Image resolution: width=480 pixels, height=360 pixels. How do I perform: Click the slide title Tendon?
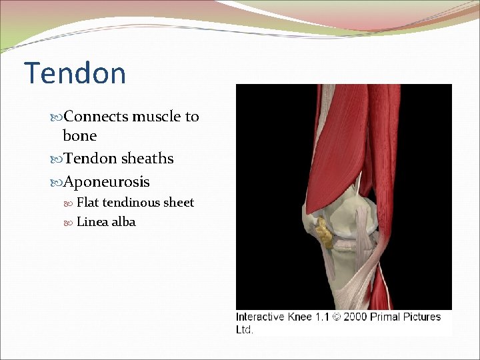[x=75, y=73]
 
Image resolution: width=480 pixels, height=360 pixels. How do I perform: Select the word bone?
[x=79, y=136]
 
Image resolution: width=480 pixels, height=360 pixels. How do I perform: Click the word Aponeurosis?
[x=107, y=182]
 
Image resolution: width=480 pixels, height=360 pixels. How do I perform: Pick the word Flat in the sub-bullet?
[x=88, y=203]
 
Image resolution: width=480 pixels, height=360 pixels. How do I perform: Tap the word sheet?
[x=179, y=203]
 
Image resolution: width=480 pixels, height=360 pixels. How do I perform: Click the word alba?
[x=123, y=222]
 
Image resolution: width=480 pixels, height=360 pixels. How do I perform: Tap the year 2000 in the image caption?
[x=355, y=317]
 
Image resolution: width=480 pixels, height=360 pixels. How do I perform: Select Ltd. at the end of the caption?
[x=245, y=329]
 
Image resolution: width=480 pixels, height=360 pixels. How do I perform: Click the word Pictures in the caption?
[x=422, y=317]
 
